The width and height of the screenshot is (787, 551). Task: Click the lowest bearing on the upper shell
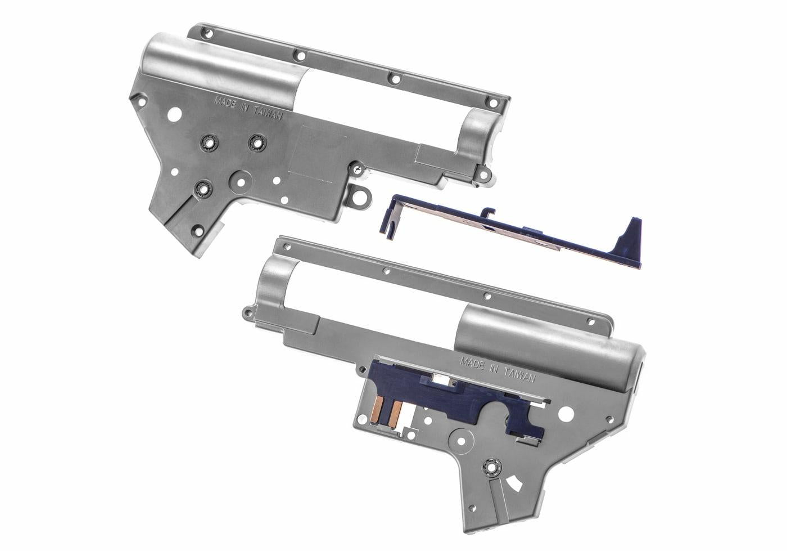201,189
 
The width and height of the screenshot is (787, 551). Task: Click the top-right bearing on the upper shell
257,143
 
